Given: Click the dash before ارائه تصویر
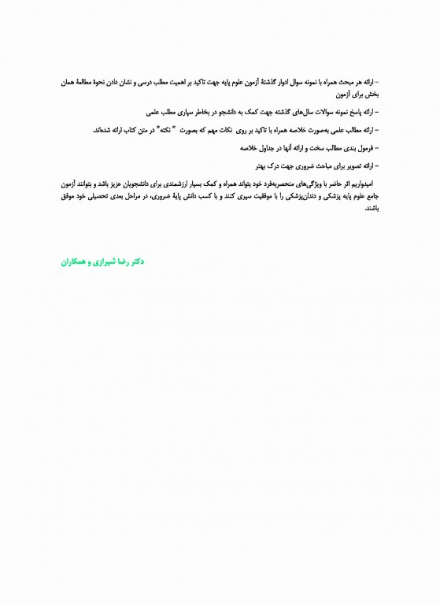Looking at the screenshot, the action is (x=377, y=165).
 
